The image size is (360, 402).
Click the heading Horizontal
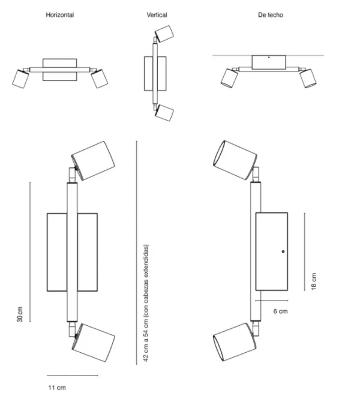60,15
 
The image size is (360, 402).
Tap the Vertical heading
157,15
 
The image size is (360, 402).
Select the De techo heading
271,15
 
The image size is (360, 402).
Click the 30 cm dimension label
20,314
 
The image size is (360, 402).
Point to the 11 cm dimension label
57,388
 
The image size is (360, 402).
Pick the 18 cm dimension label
314,281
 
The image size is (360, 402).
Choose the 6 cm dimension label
280,311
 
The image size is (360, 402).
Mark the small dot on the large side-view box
283,251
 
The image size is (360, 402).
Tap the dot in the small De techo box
269,58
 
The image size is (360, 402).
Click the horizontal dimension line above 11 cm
73,376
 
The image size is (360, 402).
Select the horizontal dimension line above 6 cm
272,300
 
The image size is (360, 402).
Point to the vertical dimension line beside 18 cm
305,251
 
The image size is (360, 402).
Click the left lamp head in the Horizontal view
20,79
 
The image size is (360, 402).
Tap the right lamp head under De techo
308,78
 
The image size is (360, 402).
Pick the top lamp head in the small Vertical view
164,34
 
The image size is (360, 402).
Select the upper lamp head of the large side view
235,160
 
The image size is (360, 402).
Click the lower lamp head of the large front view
94,342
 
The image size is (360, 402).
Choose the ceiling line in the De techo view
268,55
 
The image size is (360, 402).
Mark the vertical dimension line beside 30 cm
30,252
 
